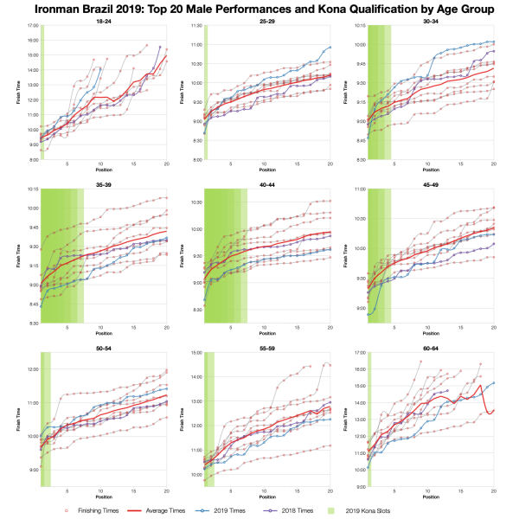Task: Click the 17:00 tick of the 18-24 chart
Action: pyautogui.click(x=31, y=26)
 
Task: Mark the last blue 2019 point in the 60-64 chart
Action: pyautogui.click(x=494, y=382)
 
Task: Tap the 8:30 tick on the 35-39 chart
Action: pyautogui.click(x=31, y=323)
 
